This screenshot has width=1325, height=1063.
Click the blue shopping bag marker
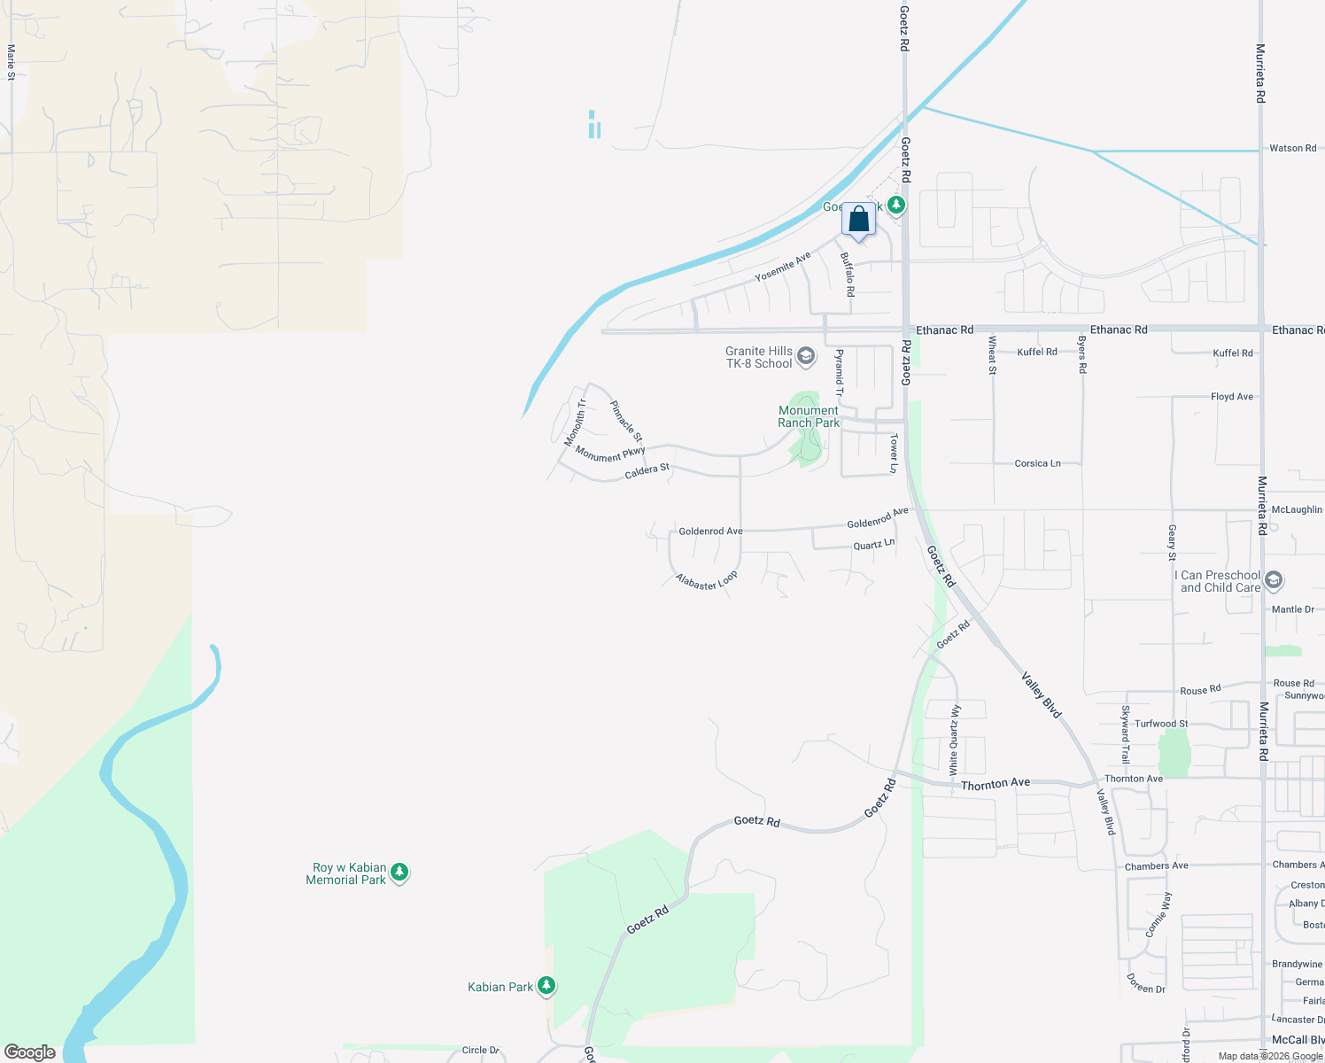point(858,219)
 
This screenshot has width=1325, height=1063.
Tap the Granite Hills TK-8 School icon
point(806,357)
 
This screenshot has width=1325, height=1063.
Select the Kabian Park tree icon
point(546,986)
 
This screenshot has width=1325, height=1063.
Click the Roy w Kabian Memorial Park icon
point(399,873)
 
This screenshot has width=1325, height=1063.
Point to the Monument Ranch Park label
point(809,416)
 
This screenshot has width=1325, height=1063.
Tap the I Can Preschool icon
point(1274,581)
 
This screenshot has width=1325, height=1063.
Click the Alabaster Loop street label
point(706,581)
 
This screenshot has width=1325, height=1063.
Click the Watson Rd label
point(1292,148)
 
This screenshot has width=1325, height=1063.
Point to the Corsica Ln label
point(1037,463)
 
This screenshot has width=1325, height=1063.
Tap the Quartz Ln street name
point(873,545)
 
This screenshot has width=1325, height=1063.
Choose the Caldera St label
point(647,470)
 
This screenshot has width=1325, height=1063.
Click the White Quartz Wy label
point(954,740)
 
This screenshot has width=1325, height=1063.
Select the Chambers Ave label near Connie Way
point(1156,865)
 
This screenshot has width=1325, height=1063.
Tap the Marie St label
point(11,63)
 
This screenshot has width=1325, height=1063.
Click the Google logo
point(30,1052)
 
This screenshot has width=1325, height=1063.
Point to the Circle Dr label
point(480,1050)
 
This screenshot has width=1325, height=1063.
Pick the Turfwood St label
point(1161,724)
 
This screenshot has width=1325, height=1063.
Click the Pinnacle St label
point(626,422)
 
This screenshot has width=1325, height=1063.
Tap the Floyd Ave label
point(1231,397)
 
